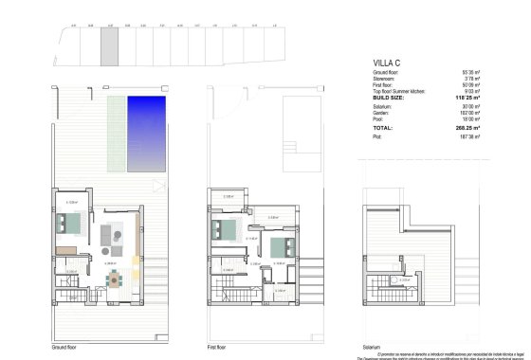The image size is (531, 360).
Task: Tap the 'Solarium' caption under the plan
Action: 372,348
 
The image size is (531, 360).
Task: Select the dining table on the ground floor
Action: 115,280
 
